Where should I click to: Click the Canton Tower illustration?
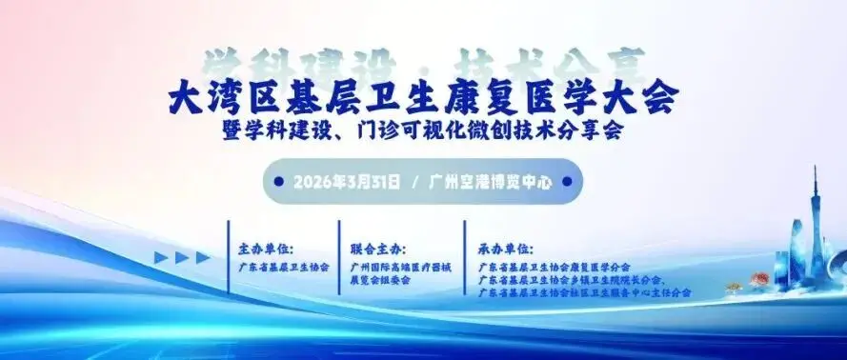click(817, 224)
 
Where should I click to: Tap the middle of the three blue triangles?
click(183, 257)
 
